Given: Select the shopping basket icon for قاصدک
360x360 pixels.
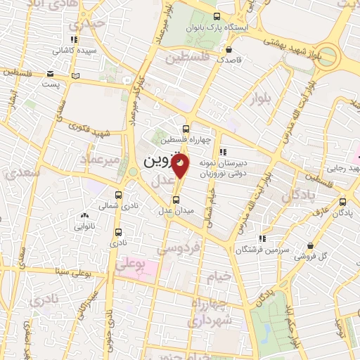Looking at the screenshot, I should click(x=229, y=49).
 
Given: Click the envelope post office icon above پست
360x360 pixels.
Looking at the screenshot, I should click(x=50, y=74).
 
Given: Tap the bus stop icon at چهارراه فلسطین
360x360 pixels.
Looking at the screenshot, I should click(x=185, y=129).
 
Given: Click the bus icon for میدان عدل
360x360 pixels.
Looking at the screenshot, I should click(x=176, y=200).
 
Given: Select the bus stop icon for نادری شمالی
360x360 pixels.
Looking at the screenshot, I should click(x=117, y=195).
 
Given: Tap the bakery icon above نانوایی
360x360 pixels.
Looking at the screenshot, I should click(x=85, y=216).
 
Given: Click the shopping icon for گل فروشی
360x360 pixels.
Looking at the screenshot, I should click(x=310, y=245).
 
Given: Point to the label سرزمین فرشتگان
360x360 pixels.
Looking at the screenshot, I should click(x=263, y=250).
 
